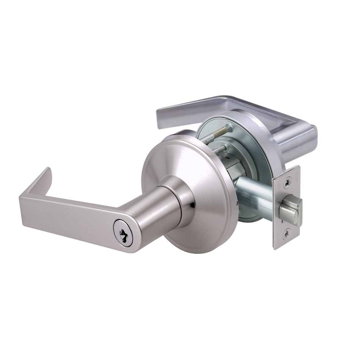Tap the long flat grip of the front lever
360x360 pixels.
[68, 216]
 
